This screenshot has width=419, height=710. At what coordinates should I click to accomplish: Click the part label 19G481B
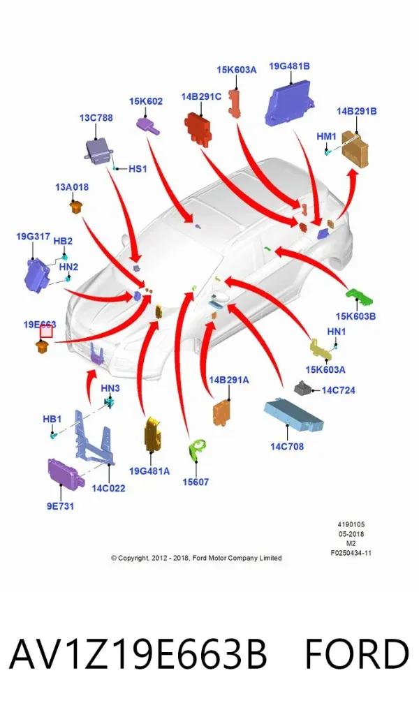coord(289,66)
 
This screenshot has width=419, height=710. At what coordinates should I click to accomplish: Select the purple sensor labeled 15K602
coord(147,125)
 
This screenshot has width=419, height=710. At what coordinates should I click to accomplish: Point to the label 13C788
coord(96,118)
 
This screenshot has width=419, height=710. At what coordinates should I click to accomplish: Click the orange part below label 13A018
coord(75,207)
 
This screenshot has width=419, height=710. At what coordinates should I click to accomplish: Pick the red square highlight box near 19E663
coord(46,332)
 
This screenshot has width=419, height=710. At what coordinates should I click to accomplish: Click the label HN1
coord(336,332)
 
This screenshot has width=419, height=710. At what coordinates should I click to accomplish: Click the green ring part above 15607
coord(197,450)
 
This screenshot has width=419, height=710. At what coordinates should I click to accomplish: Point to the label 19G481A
coord(149,471)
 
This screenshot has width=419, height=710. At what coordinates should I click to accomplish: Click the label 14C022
coord(108,488)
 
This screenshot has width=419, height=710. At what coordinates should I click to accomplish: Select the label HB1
coord(52,419)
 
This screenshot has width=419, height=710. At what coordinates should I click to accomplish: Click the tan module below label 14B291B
coord(355,148)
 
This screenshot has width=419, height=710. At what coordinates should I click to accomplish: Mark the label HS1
coord(138,169)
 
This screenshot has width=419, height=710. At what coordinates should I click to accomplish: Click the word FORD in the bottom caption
coord(357,654)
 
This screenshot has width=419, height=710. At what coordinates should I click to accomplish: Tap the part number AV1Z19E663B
coord(138,654)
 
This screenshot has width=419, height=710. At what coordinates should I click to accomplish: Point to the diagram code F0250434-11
coord(351,553)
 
